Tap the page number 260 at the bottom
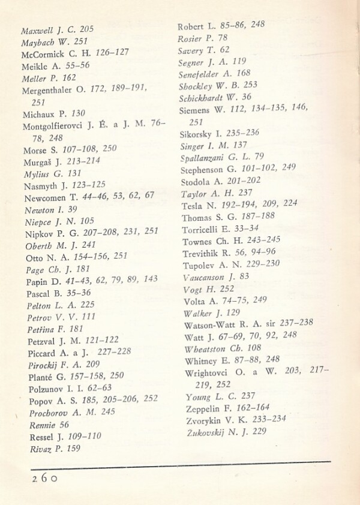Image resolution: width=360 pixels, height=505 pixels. pyautogui.click(x=44, y=478)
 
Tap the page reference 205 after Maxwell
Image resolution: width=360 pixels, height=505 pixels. pyautogui.click(x=86, y=29)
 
